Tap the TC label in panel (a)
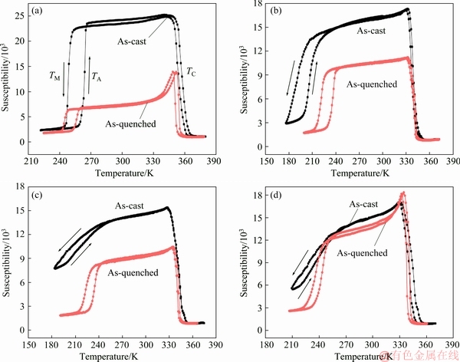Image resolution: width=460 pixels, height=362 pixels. (x=189, y=71)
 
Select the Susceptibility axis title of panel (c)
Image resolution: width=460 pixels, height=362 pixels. (x=7, y=262)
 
